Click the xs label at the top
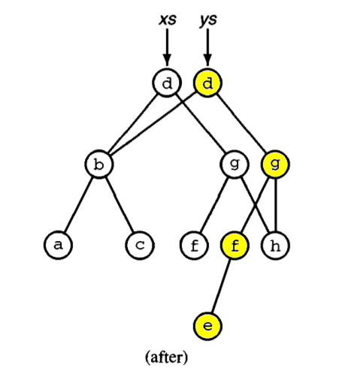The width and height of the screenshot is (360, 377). (168, 20)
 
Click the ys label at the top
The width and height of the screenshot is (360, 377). (208, 20)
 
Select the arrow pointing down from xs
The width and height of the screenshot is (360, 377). (167, 47)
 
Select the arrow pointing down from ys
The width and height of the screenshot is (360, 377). (207, 47)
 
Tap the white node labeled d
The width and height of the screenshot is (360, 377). (167, 83)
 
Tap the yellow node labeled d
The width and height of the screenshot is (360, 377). (207, 83)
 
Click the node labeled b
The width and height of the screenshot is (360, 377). (99, 164)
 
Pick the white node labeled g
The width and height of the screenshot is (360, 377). (234, 164)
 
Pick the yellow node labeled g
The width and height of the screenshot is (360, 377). (275, 164)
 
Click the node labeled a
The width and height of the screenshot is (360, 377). (59, 246)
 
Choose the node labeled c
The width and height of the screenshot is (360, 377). (140, 246)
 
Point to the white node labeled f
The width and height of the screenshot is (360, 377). (194, 246)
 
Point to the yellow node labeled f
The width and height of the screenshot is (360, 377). (234, 246)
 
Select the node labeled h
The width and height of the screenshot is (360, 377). (275, 246)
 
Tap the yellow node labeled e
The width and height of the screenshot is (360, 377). (207, 327)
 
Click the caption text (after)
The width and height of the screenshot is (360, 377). (166, 357)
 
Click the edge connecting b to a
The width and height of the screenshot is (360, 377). (79, 205)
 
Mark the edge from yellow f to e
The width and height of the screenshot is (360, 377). (221, 286)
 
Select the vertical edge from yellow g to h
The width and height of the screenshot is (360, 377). (276, 205)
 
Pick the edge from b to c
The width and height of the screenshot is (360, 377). (119, 205)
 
